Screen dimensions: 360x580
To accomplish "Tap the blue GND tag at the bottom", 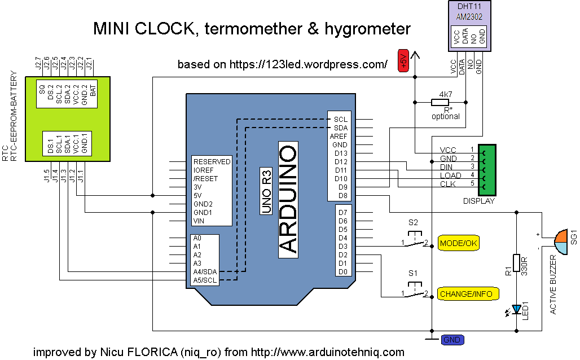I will coord(452,340).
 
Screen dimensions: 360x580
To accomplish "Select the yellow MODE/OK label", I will coord(459,243).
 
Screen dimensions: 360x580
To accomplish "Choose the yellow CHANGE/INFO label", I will coord(465,294).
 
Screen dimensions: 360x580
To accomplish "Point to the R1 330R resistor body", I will coord(515,264).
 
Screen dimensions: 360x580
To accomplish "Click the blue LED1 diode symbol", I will coord(515,309).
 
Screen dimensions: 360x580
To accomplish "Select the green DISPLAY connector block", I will coord(487,168).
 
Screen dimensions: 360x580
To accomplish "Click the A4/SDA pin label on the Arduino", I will coord(205,271).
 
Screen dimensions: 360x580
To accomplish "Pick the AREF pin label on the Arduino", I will coord(339,136).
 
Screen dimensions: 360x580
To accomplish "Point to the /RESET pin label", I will coord(205,178).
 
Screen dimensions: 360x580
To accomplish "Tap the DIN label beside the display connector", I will coord(447,167).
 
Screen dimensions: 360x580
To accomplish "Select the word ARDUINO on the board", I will coord(288,199).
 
